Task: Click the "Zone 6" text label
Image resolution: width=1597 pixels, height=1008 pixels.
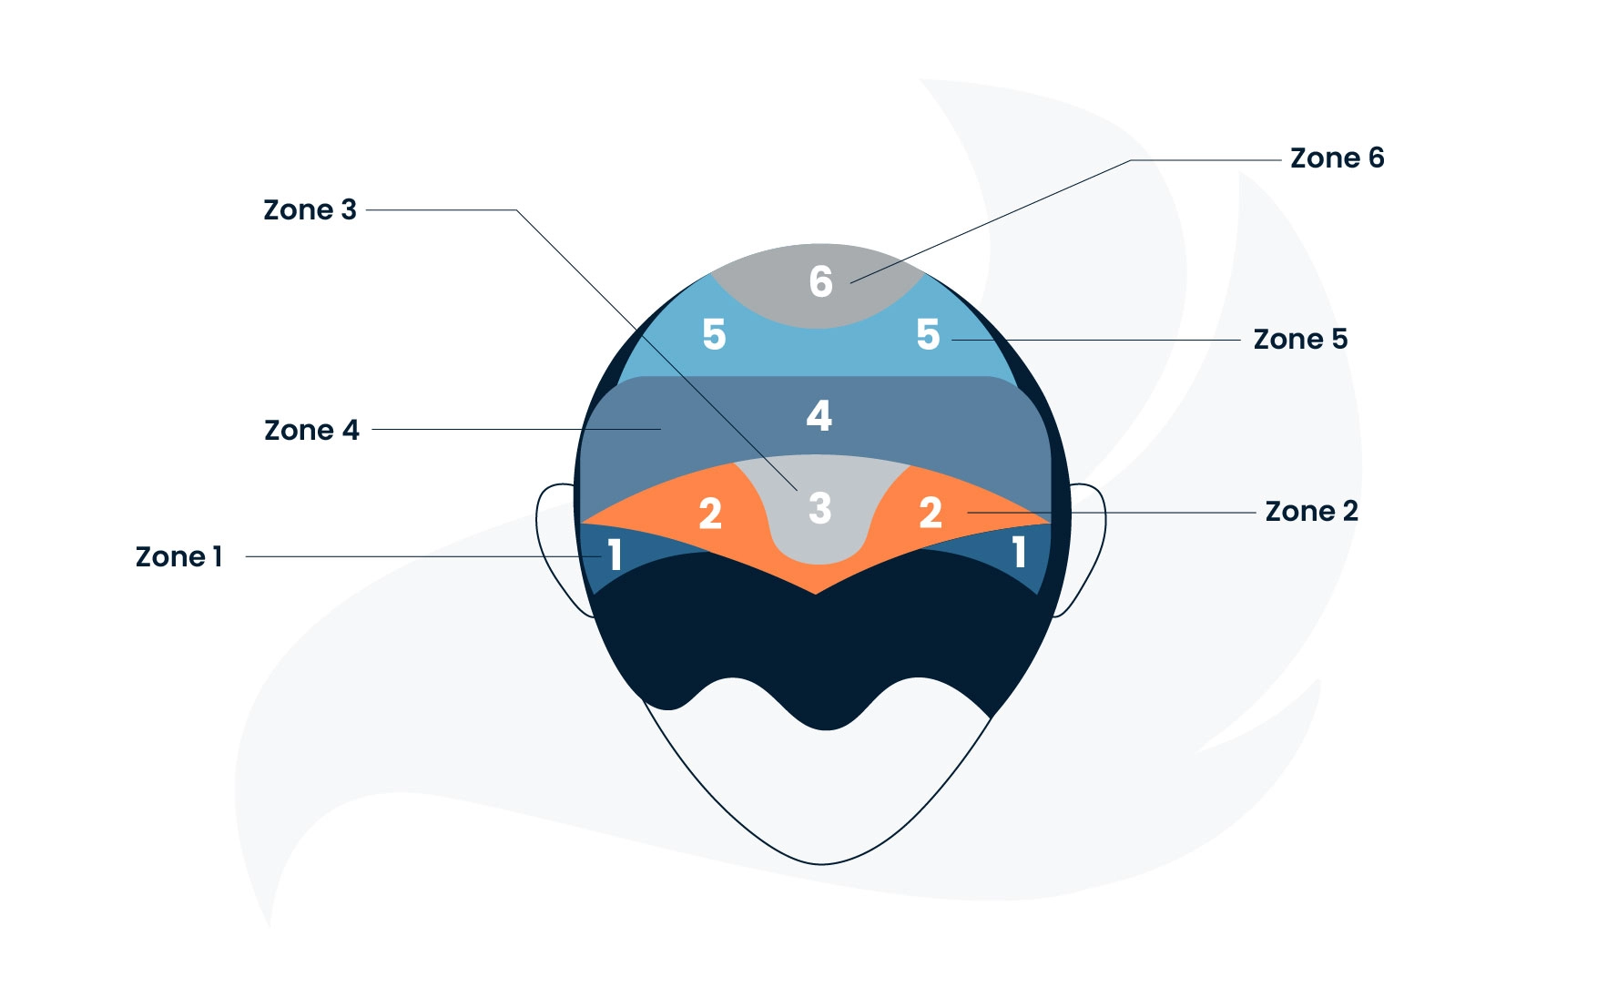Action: (1337, 158)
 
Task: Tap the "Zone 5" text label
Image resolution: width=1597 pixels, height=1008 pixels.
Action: (1300, 340)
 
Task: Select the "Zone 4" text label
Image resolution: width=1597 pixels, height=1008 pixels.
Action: (311, 430)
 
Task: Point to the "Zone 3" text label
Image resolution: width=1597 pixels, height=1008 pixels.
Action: (310, 210)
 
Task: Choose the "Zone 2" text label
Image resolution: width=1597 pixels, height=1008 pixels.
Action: (1311, 512)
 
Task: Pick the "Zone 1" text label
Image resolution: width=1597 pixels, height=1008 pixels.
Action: (178, 557)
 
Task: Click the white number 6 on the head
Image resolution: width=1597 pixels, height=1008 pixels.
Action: (820, 281)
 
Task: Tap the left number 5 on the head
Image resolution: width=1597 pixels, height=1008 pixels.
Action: (714, 335)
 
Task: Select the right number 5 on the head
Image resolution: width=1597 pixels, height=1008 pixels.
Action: (928, 335)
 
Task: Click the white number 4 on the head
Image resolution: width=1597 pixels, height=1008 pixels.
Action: (819, 415)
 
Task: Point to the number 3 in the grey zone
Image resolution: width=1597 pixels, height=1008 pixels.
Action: (820, 509)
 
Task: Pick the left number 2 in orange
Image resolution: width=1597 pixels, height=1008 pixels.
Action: (710, 514)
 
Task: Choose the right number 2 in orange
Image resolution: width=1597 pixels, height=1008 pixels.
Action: (930, 514)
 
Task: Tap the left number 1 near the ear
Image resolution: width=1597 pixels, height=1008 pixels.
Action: (615, 555)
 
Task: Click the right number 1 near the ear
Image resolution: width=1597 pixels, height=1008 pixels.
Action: (1020, 552)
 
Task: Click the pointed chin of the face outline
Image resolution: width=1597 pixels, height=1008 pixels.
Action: (821, 863)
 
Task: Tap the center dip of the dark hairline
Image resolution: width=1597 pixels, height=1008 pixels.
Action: (826, 729)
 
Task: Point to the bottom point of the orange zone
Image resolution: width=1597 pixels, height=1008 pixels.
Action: (816, 593)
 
